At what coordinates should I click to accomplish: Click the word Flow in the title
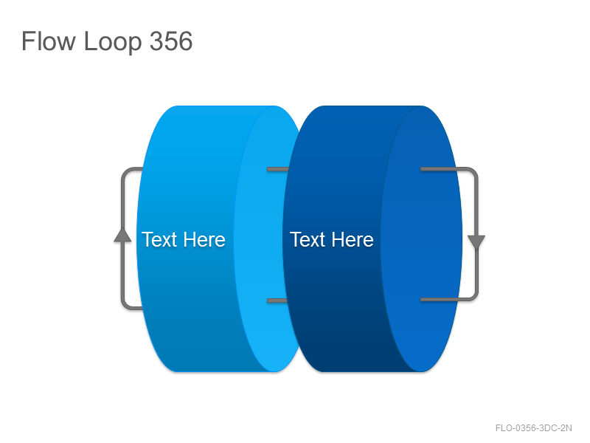tap(49, 41)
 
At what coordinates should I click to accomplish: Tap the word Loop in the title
tap(113, 42)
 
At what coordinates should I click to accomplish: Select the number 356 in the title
tap(171, 41)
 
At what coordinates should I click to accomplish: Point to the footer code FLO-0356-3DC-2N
tap(533, 428)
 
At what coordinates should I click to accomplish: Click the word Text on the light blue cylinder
tap(159, 239)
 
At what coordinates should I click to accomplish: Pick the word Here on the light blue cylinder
tap(204, 239)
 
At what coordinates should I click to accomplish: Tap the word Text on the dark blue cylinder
tap(308, 239)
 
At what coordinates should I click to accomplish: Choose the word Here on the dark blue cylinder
tap(353, 239)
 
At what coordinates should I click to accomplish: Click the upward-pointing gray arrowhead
tap(122, 235)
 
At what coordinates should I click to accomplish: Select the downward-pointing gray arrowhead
tap(476, 242)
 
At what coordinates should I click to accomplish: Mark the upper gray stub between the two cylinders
tap(278, 169)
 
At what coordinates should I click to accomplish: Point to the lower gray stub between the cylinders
tap(277, 301)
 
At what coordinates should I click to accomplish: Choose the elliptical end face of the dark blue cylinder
tap(421, 238)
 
